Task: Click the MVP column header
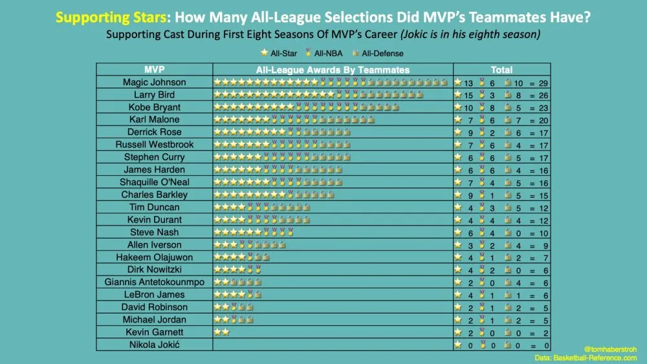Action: pyautogui.click(x=154, y=69)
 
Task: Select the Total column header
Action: pyautogui.click(x=501, y=69)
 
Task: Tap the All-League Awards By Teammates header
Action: pyautogui.click(x=333, y=69)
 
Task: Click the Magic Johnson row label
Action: pyautogui.click(x=154, y=82)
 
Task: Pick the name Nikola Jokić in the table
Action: pyautogui.click(x=154, y=345)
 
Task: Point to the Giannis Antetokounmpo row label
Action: pyautogui.click(x=154, y=282)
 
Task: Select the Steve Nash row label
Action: pyautogui.click(x=154, y=232)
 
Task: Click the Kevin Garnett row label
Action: pyautogui.click(x=154, y=332)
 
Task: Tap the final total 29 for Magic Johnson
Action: pyautogui.click(x=542, y=82)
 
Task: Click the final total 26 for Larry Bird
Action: pyautogui.click(x=542, y=95)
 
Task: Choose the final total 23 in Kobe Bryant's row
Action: pyautogui.click(x=542, y=107)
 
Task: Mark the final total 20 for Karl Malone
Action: pyautogui.click(x=542, y=120)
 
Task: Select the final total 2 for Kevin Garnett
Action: pyautogui.click(x=545, y=332)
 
